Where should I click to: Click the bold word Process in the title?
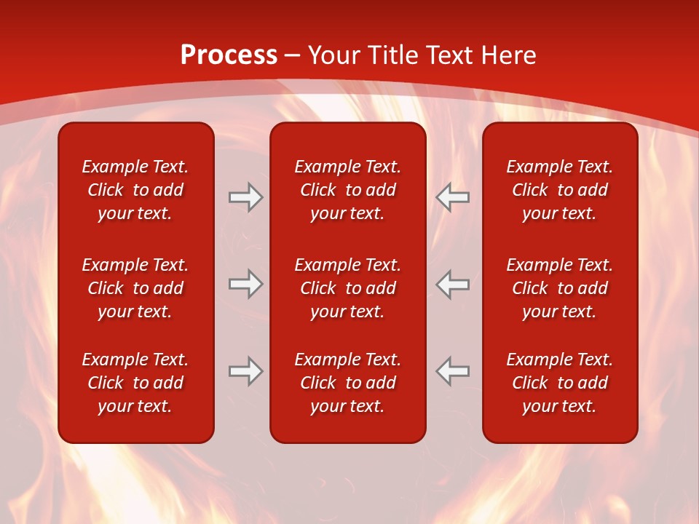pyautogui.click(x=229, y=55)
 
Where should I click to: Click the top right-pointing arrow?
pyautogui.click(x=246, y=197)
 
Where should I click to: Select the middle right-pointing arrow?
pyautogui.click(x=246, y=284)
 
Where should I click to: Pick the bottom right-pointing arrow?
pyautogui.click(x=246, y=371)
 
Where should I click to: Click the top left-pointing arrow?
pyautogui.click(x=452, y=197)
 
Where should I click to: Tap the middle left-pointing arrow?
pyautogui.click(x=452, y=284)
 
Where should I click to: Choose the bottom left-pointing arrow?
pyautogui.click(x=452, y=371)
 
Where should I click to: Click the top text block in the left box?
pyautogui.click(x=135, y=190)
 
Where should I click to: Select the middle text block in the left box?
pyautogui.click(x=135, y=288)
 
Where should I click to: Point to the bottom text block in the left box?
pyautogui.click(x=135, y=383)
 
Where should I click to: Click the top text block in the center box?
pyautogui.click(x=347, y=190)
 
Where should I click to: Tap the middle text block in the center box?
pyautogui.click(x=347, y=288)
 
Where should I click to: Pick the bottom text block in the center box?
pyautogui.click(x=347, y=383)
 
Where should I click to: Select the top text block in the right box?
pyautogui.click(x=559, y=190)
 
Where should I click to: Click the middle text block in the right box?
pyautogui.click(x=559, y=288)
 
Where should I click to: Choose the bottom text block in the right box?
pyautogui.click(x=559, y=383)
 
